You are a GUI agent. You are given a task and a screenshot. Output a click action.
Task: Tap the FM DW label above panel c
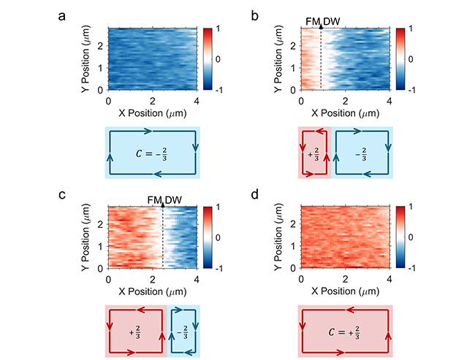click(162, 201)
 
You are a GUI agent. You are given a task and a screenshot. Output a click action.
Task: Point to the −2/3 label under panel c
click(183, 330)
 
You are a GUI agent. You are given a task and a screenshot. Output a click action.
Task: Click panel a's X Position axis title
click(153, 113)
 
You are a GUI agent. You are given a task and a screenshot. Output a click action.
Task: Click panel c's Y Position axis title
click(81, 237)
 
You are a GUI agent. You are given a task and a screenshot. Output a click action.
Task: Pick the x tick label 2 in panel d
click(344, 279)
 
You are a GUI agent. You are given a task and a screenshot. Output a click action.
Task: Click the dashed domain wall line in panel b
click(322, 58)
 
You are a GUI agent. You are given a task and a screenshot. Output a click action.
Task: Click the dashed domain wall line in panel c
click(162, 237)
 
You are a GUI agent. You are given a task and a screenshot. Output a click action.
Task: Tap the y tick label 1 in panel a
click(101, 69)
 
